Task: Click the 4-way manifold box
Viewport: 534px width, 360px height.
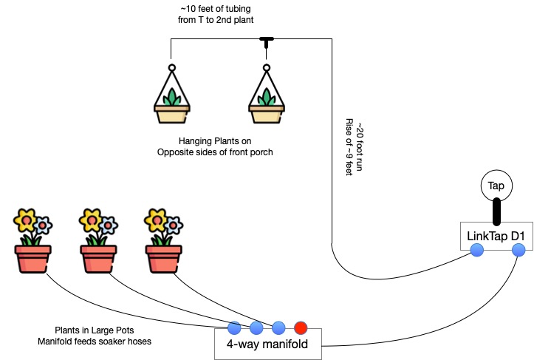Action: pyautogui.click(x=268, y=344)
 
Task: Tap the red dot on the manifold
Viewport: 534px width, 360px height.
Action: pyautogui.click(x=301, y=327)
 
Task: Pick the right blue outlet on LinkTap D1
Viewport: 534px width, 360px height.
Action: pyautogui.click(x=518, y=251)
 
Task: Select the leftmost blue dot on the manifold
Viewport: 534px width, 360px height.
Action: pyautogui.click(x=234, y=327)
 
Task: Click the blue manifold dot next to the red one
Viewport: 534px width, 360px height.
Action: pyautogui.click(x=278, y=327)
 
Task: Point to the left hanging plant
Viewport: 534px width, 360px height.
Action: pyautogui.click(x=171, y=96)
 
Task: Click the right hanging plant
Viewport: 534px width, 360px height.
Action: pyautogui.click(x=267, y=96)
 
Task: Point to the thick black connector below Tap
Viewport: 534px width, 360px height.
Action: pyautogui.click(x=496, y=210)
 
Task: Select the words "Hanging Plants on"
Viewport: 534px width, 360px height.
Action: pyautogui.click(x=215, y=141)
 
